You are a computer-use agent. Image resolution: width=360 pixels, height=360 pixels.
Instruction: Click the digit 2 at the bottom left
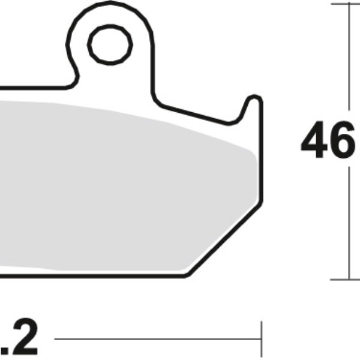point(26,340)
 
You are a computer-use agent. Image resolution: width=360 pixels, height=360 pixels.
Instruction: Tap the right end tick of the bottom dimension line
point(260,340)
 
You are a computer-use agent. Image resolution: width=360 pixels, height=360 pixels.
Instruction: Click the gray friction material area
point(120,180)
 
